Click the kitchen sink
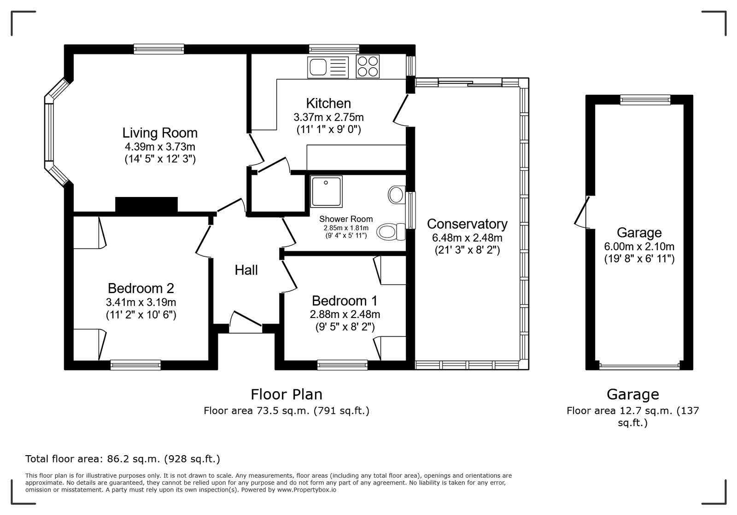point(328,67)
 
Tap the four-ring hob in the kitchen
point(368,66)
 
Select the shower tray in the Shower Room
point(326,191)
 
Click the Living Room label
point(160,133)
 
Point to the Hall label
point(246,270)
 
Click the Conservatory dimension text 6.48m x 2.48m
point(467,237)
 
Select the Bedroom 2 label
point(141,288)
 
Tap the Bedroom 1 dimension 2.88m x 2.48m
point(345,314)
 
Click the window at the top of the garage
point(645,99)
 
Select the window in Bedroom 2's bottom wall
point(135,365)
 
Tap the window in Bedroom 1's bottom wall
point(342,365)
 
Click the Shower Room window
point(410,210)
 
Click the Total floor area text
point(123,459)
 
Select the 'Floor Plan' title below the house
point(287,394)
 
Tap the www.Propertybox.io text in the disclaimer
point(307,490)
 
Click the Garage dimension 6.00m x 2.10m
point(639,246)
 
